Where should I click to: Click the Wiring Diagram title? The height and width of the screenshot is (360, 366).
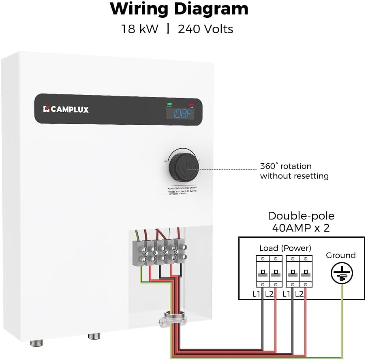tap(179, 9)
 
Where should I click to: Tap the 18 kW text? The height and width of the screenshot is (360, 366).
tap(140, 29)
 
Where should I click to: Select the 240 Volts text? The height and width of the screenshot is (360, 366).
tap(205, 29)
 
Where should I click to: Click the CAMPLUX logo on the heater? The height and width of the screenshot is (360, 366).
tap(66, 109)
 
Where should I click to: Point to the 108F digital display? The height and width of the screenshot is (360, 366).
tap(180, 114)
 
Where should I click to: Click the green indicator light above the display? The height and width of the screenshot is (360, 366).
tap(169, 104)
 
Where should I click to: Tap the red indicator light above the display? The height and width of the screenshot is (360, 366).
tap(190, 104)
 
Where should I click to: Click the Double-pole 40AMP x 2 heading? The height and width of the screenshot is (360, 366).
tap(301, 222)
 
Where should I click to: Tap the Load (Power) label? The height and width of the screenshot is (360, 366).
tap(285, 248)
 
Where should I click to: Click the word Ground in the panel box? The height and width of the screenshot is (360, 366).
tap(340, 255)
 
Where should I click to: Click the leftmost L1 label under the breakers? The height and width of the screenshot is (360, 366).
tap(256, 294)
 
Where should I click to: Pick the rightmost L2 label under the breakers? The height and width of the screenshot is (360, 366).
tap(299, 294)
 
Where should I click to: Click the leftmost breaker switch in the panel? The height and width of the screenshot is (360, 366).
tap(263, 272)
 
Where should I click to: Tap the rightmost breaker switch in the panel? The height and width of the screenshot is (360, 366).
tap(306, 272)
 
